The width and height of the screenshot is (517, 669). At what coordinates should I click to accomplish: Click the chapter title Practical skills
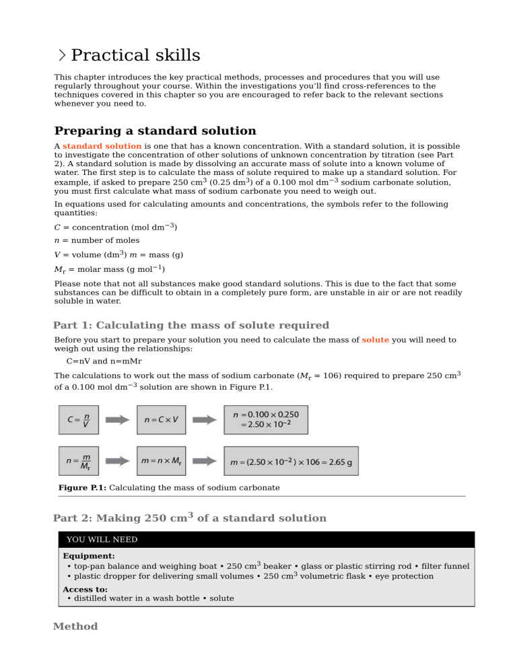click(135, 55)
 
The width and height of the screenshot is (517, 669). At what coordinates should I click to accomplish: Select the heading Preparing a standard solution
click(155, 131)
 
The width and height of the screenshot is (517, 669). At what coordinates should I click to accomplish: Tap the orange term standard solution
click(102, 146)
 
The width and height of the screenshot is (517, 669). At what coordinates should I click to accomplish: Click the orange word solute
click(375, 340)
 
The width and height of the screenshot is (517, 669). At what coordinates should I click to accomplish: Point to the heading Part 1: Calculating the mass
click(191, 325)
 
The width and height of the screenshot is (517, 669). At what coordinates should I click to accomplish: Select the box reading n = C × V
click(161, 419)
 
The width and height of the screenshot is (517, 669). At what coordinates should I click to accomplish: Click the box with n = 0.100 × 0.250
click(265, 419)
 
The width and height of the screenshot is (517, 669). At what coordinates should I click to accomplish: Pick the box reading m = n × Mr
click(161, 461)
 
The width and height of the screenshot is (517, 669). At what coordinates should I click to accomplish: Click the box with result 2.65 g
click(291, 461)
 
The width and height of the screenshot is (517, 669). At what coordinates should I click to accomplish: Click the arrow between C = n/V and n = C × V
click(118, 419)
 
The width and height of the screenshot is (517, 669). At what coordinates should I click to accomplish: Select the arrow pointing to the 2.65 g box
click(205, 461)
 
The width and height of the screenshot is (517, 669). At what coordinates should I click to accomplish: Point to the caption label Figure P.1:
click(82, 487)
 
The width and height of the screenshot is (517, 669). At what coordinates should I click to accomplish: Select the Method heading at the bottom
click(75, 627)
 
